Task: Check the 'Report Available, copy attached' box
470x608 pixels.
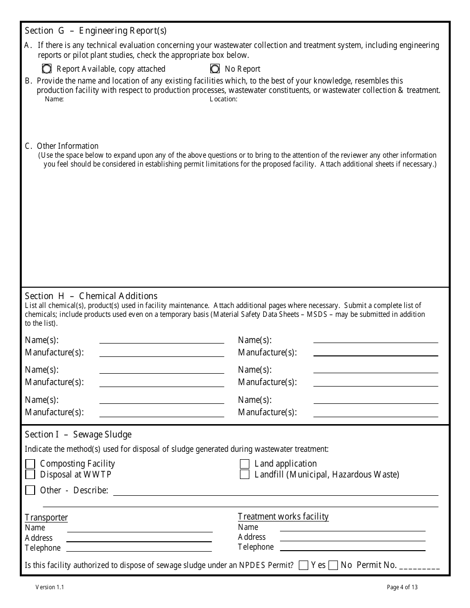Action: point(47,69)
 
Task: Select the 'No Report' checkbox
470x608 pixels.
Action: point(215,69)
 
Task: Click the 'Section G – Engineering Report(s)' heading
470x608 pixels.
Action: point(95,31)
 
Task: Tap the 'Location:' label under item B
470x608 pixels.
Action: point(224,99)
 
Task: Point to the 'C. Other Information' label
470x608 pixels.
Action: point(62,146)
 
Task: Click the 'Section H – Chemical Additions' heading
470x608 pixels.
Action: point(91,296)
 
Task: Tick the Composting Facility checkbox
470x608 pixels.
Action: point(31,464)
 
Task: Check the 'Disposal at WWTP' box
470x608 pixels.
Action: point(31,475)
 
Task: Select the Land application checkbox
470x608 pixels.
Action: point(244,464)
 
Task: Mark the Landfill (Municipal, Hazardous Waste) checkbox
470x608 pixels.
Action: point(244,475)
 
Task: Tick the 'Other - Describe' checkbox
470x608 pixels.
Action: point(31,490)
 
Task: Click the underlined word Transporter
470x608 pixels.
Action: point(47,518)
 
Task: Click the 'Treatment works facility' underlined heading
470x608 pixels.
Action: point(283,517)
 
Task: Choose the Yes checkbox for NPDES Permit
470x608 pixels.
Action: point(304,565)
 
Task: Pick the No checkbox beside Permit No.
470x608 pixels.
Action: point(333,565)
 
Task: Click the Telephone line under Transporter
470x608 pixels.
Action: point(139,548)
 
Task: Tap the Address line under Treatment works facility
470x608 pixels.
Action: point(352,537)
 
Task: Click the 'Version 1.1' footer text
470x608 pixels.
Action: point(49,587)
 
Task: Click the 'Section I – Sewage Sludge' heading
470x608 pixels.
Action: point(78,434)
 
